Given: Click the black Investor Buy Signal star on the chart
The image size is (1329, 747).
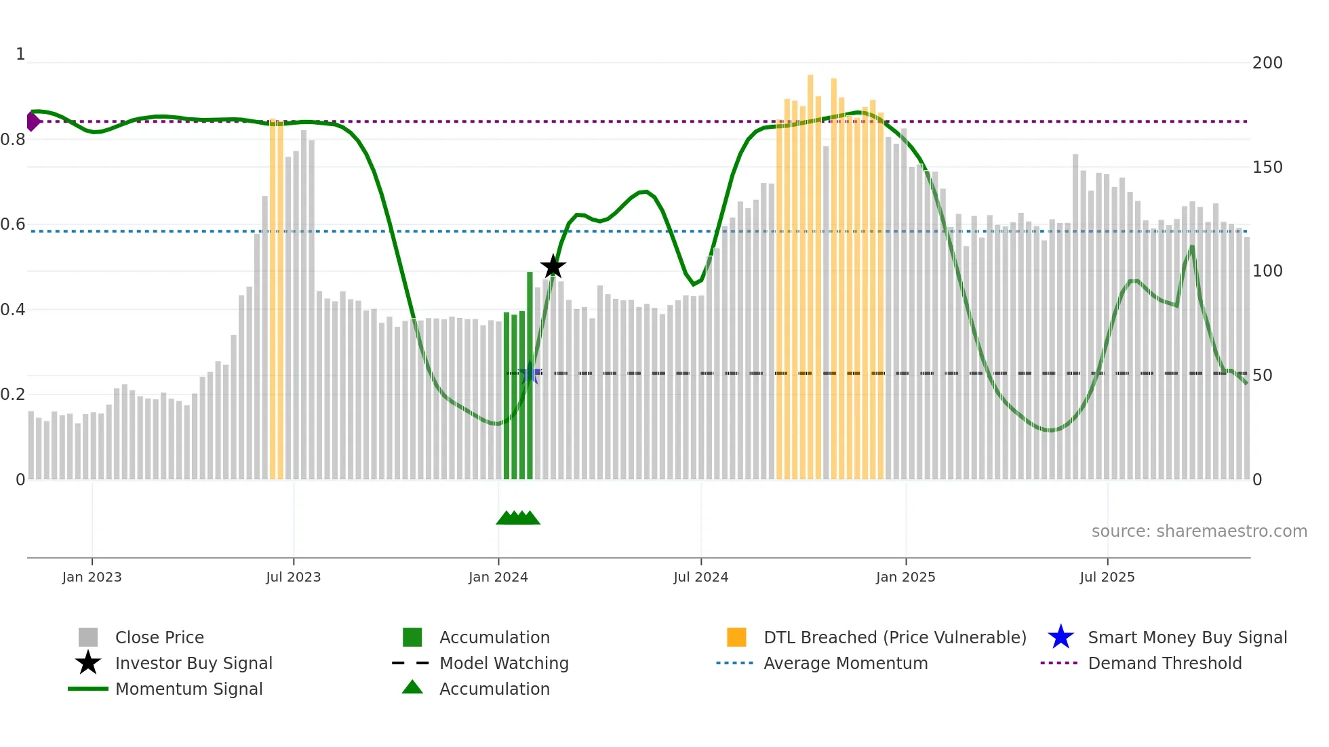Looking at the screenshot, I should (553, 266).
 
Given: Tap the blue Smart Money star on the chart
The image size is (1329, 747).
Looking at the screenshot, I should (530, 373).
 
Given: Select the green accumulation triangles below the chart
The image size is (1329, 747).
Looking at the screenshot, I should (518, 518).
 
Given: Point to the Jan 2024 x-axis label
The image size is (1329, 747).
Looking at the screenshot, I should (498, 577).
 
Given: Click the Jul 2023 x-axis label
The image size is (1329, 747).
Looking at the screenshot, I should (293, 577).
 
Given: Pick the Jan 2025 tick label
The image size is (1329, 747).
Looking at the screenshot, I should (905, 577).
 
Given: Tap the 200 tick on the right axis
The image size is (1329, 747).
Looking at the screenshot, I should (1267, 63).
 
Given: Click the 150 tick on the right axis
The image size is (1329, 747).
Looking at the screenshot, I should (1267, 167).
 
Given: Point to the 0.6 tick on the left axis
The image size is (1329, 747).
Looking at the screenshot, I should (14, 224).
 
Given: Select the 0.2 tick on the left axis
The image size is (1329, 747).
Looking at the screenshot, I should (14, 395).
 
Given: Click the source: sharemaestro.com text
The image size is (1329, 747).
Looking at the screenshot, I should (1199, 531).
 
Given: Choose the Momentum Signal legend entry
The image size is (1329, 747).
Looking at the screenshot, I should (189, 689).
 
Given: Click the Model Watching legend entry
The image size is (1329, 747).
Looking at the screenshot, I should (503, 663).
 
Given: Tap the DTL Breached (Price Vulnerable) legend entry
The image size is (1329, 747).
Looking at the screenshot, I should (894, 637).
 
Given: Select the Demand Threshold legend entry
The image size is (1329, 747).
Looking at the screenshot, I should (1164, 663).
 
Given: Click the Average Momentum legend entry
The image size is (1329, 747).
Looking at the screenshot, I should (845, 663).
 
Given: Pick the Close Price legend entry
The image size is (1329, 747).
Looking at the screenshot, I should (159, 637).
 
